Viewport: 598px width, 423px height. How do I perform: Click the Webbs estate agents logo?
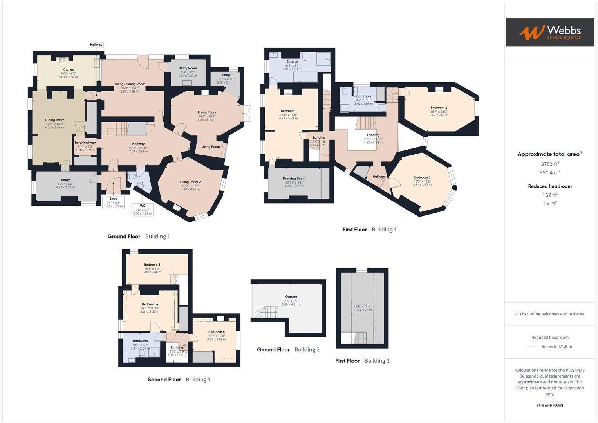(550, 32)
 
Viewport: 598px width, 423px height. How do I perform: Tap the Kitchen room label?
(68, 69)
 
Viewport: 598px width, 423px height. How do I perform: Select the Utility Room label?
(188, 68)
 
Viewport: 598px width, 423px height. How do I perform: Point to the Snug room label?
(226, 75)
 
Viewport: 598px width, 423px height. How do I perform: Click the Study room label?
(65, 180)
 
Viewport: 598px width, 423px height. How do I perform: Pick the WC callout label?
(143, 206)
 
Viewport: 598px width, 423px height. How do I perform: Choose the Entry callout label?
(113, 199)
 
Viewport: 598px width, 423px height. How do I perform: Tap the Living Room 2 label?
(190, 182)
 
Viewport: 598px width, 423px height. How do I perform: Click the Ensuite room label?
(292, 61)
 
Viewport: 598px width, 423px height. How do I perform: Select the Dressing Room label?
(294, 179)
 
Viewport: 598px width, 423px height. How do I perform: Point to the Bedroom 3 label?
(422, 177)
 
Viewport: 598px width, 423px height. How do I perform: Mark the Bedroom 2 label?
(439, 108)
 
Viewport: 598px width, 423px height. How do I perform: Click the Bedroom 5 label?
(152, 265)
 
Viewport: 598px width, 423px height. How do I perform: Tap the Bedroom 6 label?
(216, 332)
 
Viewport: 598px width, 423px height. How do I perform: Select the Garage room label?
(291, 297)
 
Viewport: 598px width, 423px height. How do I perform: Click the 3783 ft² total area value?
(550, 164)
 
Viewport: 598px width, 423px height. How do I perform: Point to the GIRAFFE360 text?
(550, 405)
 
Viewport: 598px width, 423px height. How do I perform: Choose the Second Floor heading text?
(164, 380)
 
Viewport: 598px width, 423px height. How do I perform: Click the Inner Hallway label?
(85, 143)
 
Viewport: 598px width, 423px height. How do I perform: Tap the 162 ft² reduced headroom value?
(550, 195)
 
